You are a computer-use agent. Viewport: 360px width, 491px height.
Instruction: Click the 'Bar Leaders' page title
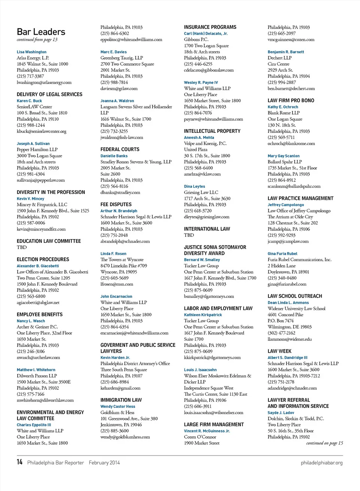coord(41,32)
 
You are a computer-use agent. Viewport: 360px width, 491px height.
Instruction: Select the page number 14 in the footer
coord(19,462)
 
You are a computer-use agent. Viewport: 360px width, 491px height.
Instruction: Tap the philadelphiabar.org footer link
coord(321,463)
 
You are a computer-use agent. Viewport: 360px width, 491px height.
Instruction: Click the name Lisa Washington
coord(31,52)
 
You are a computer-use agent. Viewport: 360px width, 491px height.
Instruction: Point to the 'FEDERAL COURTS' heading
coord(120,150)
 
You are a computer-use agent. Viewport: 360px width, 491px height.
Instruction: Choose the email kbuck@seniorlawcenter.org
coord(41,132)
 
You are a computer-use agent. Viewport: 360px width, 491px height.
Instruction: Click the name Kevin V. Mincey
coord(30,199)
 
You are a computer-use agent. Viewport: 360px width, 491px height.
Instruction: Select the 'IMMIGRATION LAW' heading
coord(121,400)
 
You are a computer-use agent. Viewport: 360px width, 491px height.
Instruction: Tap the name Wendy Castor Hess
coord(118,407)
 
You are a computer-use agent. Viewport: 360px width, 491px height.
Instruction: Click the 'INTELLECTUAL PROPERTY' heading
coord(212,131)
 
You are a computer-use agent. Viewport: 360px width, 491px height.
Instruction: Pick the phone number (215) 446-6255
coord(198,64)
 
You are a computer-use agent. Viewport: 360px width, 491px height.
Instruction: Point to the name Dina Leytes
coord(195,186)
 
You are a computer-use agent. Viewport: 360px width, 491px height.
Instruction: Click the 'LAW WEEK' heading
coord(279,352)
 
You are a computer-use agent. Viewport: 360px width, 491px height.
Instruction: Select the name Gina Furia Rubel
coord(282,254)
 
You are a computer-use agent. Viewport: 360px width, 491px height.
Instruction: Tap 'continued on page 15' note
coord(324,443)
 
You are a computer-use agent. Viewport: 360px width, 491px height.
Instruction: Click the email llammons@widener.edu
coord(289,339)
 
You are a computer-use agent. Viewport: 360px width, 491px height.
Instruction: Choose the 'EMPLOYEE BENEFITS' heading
coord(39,315)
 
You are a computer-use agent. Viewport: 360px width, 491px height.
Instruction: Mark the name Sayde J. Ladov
coord(281,413)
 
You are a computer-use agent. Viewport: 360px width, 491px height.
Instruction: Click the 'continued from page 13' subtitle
coord(37,40)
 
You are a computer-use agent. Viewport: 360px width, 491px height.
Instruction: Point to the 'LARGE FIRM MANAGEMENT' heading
coord(214,425)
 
